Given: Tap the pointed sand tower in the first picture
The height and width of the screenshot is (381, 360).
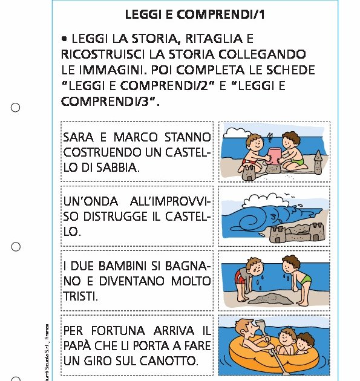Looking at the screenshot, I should coord(318,160).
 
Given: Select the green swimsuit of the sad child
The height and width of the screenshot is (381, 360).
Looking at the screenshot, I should coord(306,279).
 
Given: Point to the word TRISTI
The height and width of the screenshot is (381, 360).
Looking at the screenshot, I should coord(80,296).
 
